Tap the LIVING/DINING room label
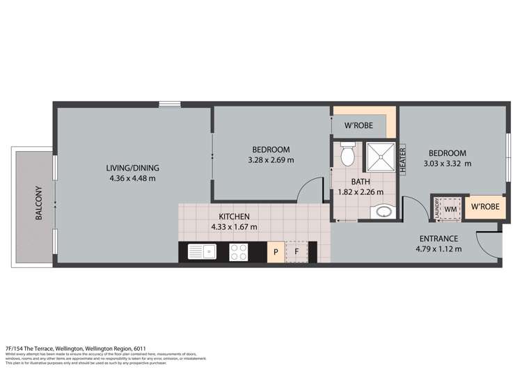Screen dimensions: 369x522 [x=133, y=168]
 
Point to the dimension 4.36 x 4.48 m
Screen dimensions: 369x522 [x=133, y=178]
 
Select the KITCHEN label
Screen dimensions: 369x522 [x=235, y=217]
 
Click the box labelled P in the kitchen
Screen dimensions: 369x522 [x=276, y=252]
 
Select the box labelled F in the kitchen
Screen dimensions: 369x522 [x=296, y=252]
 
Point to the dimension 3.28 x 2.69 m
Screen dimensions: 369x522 [x=271, y=160]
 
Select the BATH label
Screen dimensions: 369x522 [x=360, y=182]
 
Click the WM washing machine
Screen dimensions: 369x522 [x=450, y=207]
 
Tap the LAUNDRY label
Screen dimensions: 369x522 [x=435, y=207]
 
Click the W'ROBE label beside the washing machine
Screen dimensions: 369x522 [x=484, y=207]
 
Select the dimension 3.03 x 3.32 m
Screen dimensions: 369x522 [x=448, y=164]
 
